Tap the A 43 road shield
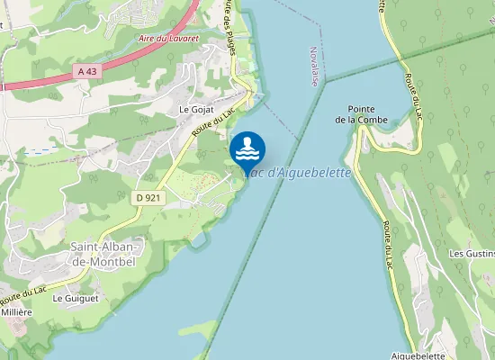[x=87, y=71]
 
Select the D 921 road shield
[x=149, y=197]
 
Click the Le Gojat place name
[x=194, y=109]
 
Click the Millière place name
[x=16, y=311]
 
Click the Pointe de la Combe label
[x=361, y=113]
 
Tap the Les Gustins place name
[x=471, y=254]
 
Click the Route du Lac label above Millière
[x=23, y=294]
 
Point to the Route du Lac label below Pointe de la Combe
[x=389, y=244]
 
